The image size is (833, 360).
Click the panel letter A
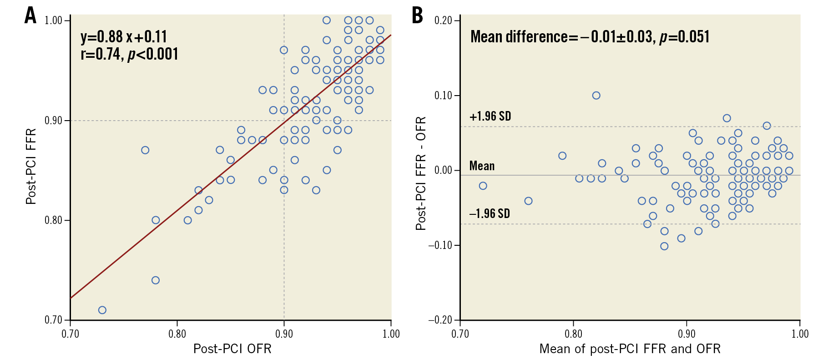[30, 15]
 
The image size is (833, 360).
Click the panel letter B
[417, 15]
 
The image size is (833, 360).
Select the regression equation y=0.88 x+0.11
[124, 36]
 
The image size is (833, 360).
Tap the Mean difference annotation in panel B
[590, 36]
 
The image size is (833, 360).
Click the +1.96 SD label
[490, 117]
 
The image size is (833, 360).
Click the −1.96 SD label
[490, 213]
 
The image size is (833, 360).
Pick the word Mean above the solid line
[482, 166]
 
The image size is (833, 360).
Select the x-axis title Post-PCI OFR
[232, 349]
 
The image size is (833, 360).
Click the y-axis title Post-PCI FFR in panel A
[31, 167]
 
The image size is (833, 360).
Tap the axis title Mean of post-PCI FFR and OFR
[630, 349]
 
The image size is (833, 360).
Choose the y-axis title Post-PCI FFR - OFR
[421, 173]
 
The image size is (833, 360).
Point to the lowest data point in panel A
[102, 310]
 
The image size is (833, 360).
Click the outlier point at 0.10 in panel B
[596, 96]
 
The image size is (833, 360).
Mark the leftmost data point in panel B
[483, 186]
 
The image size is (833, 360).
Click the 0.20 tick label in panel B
[443, 20]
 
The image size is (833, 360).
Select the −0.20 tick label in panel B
[440, 320]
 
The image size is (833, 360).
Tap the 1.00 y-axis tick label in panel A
[53, 20]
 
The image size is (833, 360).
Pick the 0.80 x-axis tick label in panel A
[177, 334]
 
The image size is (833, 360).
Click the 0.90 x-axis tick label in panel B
[687, 334]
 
